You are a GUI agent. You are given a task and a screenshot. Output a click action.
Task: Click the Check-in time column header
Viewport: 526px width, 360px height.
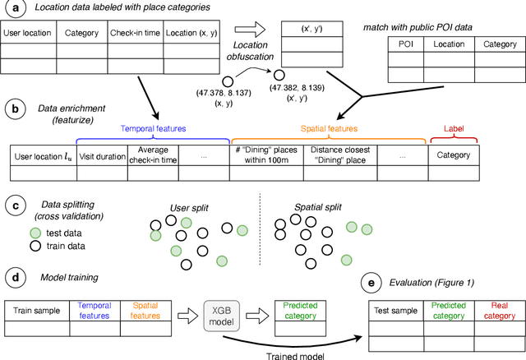tap(136, 35)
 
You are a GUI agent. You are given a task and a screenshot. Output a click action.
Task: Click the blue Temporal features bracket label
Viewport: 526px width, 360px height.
tap(153, 130)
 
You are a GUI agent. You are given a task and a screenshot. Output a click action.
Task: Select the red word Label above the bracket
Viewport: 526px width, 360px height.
tap(453, 129)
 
